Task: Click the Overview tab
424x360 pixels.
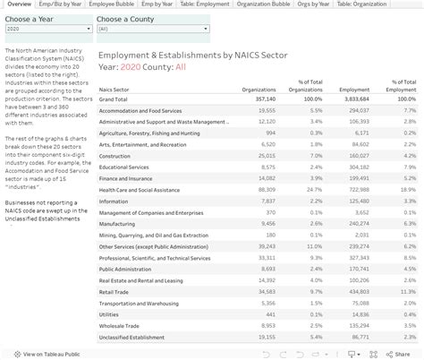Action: pos(19,4)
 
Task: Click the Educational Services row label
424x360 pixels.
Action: pos(124,167)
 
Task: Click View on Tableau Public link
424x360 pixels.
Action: pos(45,353)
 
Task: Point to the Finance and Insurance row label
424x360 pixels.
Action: pos(126,178)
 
